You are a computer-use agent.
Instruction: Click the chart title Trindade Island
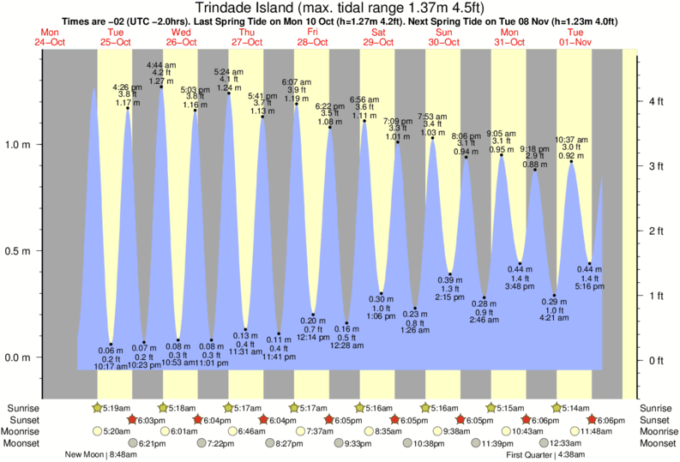(340, 8)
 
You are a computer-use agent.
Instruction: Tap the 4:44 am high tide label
(162, 65)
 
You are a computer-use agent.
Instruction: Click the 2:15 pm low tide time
(449, 297)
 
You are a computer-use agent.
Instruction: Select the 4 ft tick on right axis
(658, 102)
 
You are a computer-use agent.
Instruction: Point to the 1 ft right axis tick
(658, 296)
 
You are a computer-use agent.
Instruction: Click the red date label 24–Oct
(50, 41)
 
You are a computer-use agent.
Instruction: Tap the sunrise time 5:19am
(117, 407)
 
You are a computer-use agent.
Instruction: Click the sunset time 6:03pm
(150, 420)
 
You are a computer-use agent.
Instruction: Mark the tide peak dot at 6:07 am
(297, 104)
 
